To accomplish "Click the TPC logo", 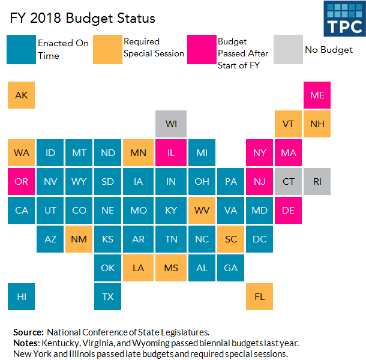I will point(344,19).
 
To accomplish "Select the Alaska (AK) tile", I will point(22,95).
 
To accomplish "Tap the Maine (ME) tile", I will point(317,95).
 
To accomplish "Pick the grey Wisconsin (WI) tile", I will point(171,124).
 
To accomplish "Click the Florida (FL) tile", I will point(259,296).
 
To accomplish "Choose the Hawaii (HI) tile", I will point(22,296).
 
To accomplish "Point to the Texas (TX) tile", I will point(108,296).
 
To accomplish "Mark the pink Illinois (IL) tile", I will point(171,153).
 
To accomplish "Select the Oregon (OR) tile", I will point(22,181).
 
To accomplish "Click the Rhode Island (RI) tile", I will point(317,181).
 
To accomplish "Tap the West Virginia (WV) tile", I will point(202,210).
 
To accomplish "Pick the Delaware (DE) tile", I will point(288,210).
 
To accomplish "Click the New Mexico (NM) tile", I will point(79,239).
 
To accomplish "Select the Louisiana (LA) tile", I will point(139,268).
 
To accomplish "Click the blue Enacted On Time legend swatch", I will point(20,49).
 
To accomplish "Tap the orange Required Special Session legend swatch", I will point(107,49).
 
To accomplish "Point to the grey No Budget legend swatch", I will point(287,49).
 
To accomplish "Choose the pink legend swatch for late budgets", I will point(201,49).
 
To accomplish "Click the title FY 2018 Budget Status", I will point(82,18).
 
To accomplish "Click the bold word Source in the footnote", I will point(28,332).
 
